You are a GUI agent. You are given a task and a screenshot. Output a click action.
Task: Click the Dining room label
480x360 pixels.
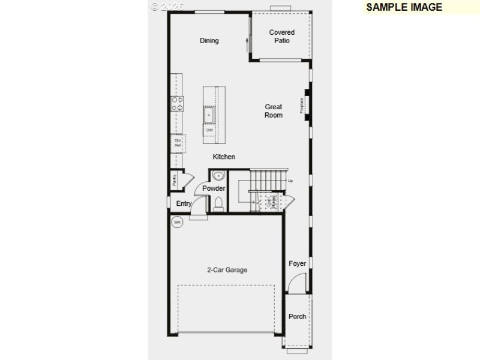click(209, 41)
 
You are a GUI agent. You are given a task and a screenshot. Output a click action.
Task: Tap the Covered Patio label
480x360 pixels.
click(282, 37)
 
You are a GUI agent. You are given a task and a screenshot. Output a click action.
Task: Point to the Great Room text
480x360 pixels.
click(274, 111)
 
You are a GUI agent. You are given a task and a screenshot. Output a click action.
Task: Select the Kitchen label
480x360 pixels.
click(224, 157)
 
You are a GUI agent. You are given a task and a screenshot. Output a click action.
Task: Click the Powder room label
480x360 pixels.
click(214, 188)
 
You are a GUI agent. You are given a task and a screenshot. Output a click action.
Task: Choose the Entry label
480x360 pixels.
click(184, 203)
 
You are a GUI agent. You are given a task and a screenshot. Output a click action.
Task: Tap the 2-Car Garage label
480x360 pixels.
click(227, 270)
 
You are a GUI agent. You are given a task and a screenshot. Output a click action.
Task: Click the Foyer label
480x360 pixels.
click(298, 263)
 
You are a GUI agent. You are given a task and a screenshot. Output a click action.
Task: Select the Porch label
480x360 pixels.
click(298, 316)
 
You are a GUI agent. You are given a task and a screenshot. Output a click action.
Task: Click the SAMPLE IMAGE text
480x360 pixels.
click(404, 7)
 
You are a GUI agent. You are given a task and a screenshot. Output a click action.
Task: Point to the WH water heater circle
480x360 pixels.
click(177, 223)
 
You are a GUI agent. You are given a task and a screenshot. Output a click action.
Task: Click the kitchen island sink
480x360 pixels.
click(209, 114)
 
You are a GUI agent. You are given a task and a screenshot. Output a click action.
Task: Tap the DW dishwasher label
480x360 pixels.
click(209, 130)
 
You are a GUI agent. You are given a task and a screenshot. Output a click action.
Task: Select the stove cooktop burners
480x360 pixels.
click(177, 104)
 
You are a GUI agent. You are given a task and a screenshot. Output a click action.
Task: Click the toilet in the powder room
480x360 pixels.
click(218, 203)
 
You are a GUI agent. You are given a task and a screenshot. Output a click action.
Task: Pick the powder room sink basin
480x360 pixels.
click(218, 176)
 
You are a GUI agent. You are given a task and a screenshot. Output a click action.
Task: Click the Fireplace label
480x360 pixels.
click(302, 105)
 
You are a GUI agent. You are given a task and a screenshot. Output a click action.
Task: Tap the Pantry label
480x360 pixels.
click(174, 180)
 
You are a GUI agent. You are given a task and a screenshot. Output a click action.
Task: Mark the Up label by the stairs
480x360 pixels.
click(290, 181)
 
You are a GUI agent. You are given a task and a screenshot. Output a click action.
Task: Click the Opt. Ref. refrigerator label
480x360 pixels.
click(178, 143)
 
